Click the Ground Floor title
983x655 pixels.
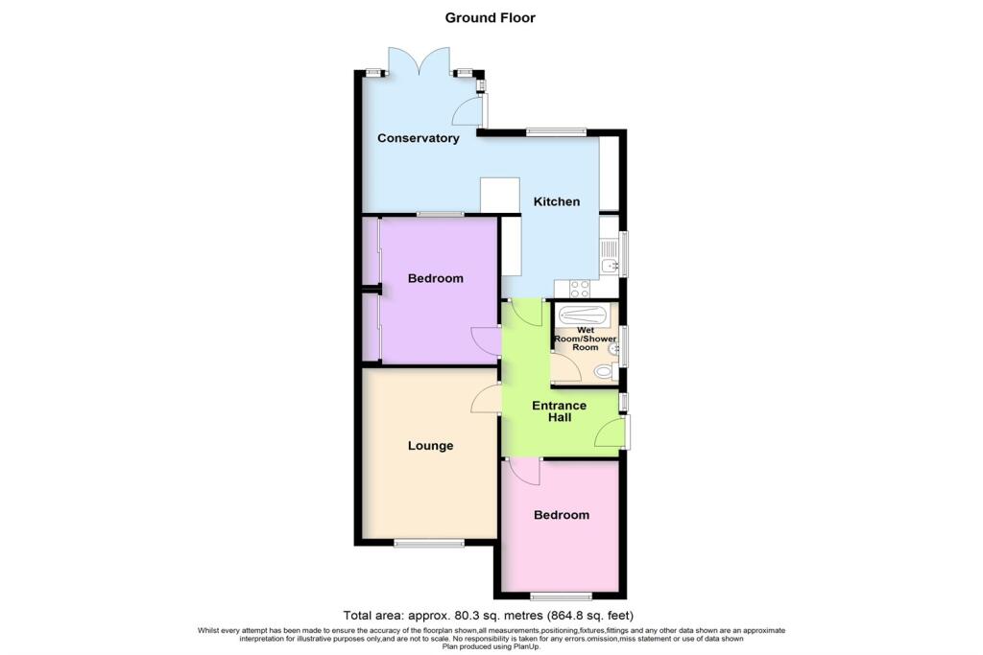491,17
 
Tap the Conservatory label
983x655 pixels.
418,138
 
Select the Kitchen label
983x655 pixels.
557,201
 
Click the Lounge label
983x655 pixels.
430,446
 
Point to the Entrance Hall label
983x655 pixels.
561,411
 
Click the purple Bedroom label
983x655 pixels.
435,279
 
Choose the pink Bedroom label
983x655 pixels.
562,515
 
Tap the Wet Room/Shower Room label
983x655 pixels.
586,339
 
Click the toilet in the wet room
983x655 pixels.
603,371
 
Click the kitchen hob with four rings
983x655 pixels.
580,286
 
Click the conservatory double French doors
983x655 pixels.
420,62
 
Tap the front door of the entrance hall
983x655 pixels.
611,434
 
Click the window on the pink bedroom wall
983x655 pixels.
561,596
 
